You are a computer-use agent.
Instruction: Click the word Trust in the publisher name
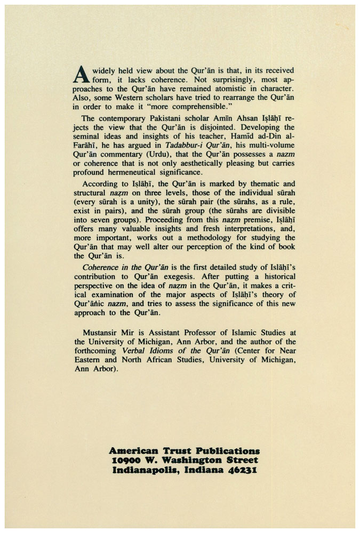[x=173, y=451]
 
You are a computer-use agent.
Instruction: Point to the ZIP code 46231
[x=241, y=470]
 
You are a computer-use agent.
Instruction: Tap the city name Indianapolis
[x=143, y=470]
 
